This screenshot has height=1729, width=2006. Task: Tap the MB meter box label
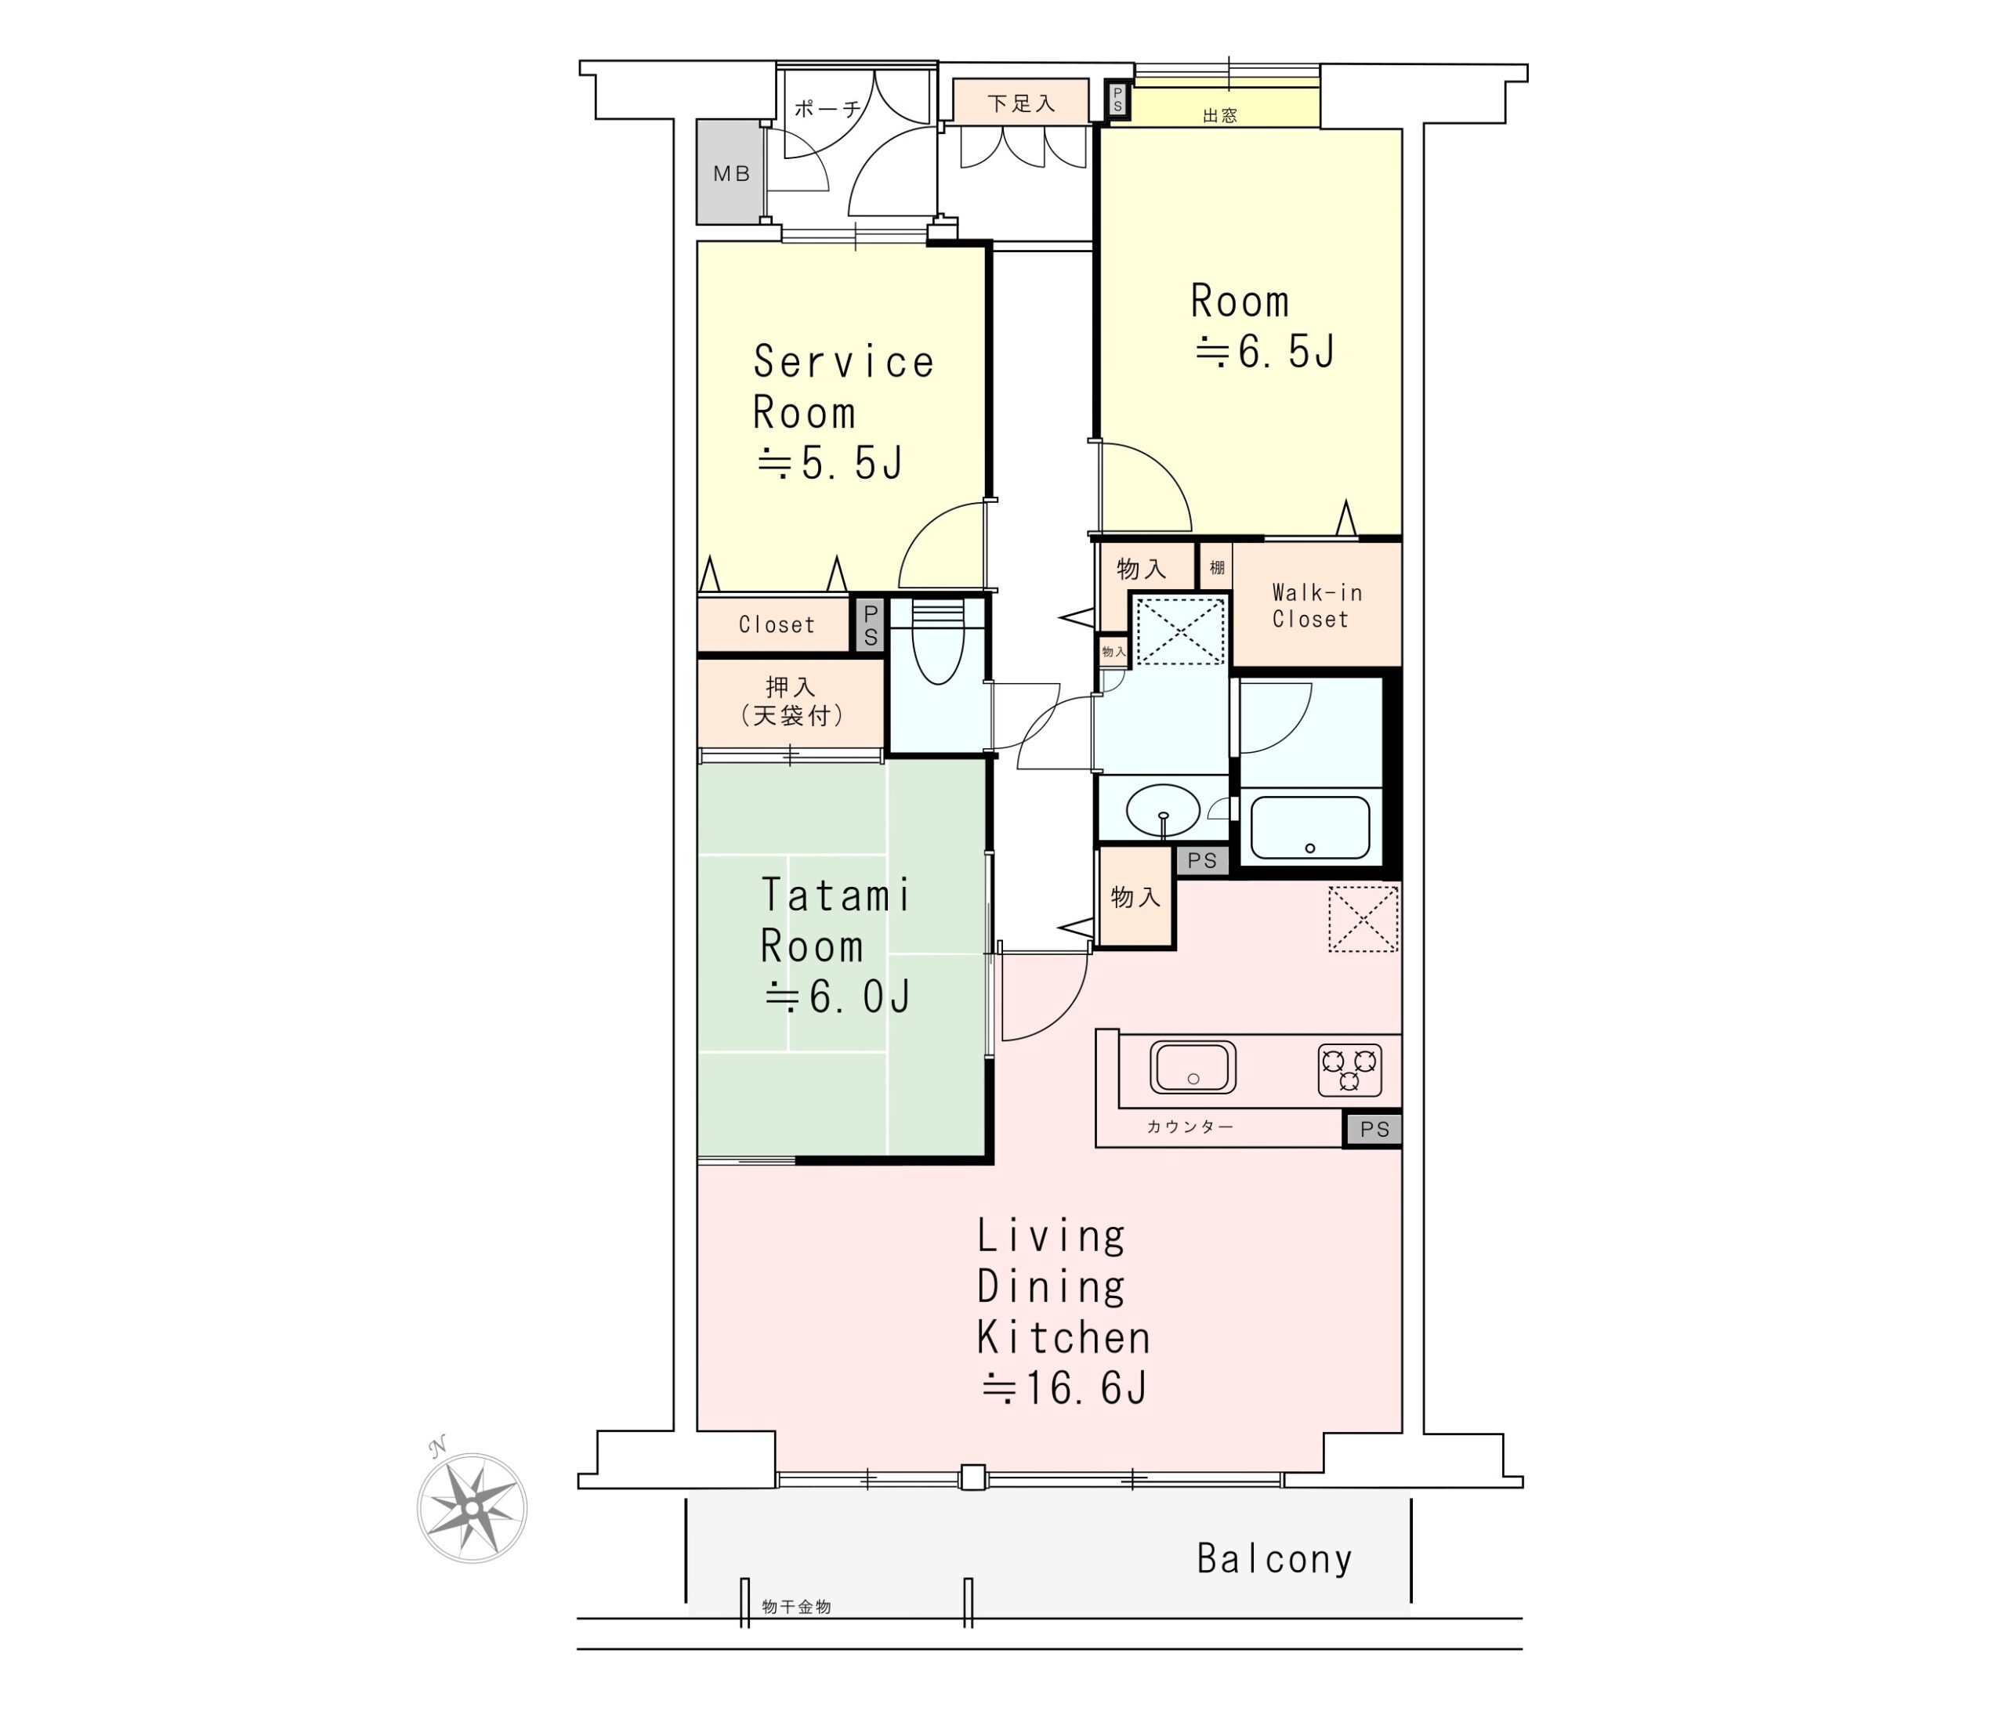732,174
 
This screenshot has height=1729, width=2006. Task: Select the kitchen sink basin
1193,1068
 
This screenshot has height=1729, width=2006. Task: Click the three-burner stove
1349,1069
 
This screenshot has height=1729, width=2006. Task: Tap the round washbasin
1163,808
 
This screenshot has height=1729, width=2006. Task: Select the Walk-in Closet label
1316,606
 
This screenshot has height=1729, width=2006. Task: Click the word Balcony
1274,1560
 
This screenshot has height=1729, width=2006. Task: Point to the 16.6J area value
1065,1389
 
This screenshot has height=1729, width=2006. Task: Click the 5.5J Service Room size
830,464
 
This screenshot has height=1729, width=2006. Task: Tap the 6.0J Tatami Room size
838,997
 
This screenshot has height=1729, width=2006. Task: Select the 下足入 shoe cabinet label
1021,103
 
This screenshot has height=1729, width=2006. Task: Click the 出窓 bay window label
1220,116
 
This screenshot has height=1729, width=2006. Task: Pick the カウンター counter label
1189,1126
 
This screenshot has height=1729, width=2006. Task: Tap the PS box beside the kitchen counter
1374,1129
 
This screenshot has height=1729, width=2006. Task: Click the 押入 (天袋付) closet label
791,701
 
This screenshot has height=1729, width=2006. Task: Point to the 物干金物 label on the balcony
796,1607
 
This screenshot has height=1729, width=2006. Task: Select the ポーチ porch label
827,108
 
